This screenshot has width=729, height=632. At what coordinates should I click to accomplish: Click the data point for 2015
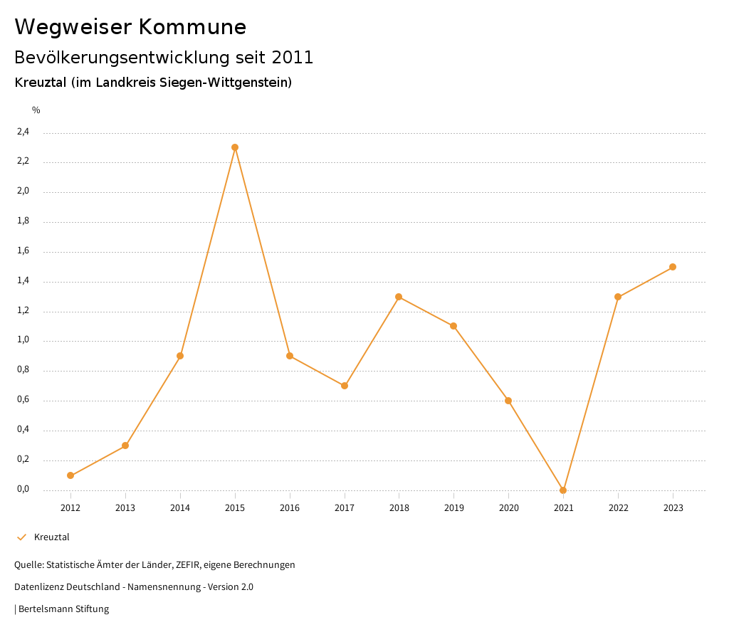pyautogui.click(x=235, y=147)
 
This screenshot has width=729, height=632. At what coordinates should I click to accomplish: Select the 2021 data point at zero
pyautogui.click(x=563, y=490)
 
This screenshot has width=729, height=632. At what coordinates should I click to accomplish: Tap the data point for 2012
pyautogui.click(x=70, y=475)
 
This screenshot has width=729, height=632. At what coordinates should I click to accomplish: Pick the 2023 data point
pyautogui.click(x=673, y=267)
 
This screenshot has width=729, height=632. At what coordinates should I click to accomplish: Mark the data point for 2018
pyautogui.click(x=399, y=297)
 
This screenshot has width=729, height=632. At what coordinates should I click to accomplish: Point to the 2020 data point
pyautogui.click(x=508, y=401)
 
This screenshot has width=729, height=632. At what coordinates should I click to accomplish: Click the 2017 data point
pyautogui.click(x=345, y=386)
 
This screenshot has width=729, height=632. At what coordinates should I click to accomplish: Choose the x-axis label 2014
pyautogui.click(x=180, y=508)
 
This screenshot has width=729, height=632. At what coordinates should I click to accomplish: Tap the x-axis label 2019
pyautogui.click(x=453, y=508)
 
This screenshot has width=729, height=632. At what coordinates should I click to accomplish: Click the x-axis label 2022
pyautogui.click(x=618, y=508)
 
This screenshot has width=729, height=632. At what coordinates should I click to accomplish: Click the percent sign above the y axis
pyautogui.click(x=36, y=110)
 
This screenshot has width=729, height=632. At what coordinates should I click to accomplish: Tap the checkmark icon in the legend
pyautogui.click(x=21, y=537)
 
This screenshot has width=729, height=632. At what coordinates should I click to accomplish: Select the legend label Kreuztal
pyautogui.click(x=52, y=537)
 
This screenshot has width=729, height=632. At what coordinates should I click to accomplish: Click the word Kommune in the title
pyautogui.click(x=192, y=27)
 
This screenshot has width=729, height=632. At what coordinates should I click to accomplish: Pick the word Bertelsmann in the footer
pyautogui.click(x=46, y=609)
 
